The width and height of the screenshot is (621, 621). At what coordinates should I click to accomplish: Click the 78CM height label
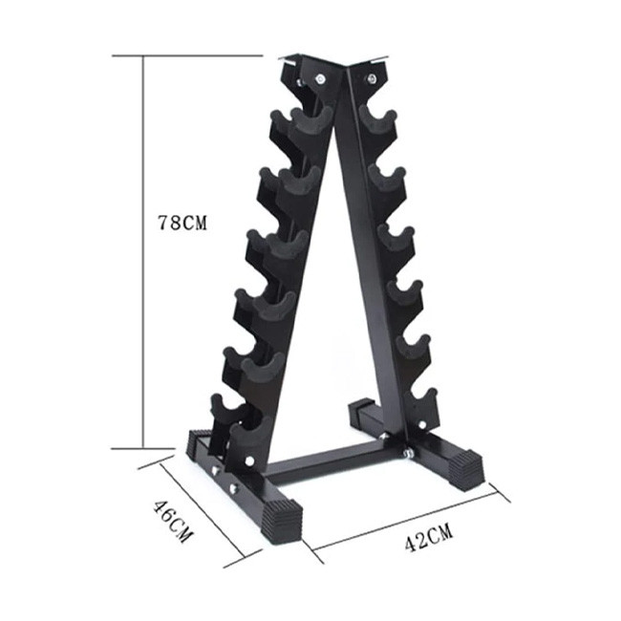182,223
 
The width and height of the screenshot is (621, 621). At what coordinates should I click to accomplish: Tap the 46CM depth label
173,522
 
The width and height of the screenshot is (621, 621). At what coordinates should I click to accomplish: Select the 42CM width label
429,537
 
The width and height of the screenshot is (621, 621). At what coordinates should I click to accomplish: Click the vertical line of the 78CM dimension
143,252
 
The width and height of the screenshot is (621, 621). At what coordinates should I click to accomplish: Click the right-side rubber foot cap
468,469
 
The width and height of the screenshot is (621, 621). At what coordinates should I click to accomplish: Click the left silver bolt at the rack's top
319,79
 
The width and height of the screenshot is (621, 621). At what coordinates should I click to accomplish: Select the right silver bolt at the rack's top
372,78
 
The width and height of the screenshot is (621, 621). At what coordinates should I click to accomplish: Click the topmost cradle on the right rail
378,118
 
